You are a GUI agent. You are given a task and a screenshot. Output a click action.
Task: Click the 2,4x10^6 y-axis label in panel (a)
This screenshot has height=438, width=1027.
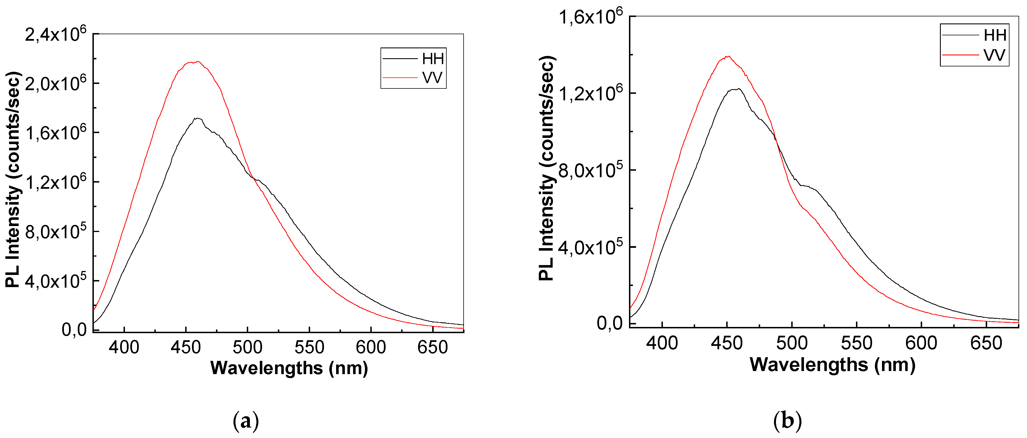[55, 35]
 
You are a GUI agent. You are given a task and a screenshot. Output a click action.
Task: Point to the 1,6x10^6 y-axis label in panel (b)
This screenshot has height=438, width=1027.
[590, 17]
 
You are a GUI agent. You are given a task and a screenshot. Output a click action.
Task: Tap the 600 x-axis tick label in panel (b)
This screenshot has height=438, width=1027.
[921, 343]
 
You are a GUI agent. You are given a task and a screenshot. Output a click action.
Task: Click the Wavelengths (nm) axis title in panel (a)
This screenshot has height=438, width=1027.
[289, 368]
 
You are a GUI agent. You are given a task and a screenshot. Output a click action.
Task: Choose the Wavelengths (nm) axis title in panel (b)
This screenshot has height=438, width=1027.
[833, 365]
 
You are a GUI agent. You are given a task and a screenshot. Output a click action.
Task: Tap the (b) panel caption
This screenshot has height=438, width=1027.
[787, 421]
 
